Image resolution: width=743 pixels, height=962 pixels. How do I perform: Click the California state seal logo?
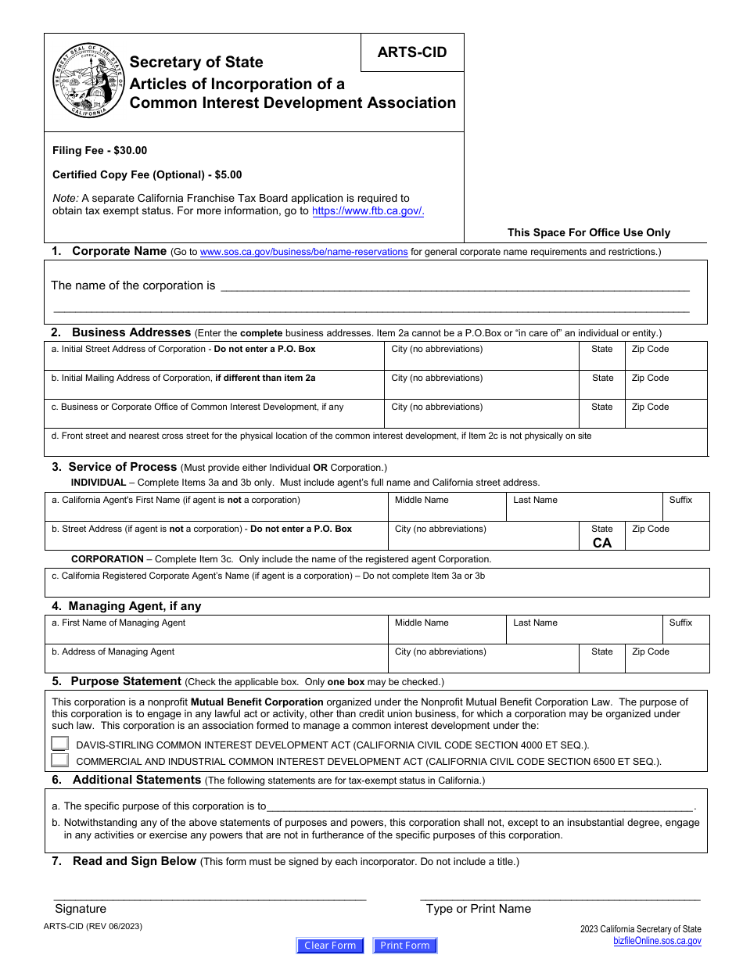coord(89,81)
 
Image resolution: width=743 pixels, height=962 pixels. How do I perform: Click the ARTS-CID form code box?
coord(411,52)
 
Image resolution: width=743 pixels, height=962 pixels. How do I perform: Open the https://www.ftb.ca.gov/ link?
coord(368,210)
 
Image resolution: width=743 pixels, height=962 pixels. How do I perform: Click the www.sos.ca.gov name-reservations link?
coord(303,252)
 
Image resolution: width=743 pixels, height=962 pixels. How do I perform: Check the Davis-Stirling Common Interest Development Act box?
coord(60,745)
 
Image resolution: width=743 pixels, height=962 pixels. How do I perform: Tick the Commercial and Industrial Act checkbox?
coord(60,760)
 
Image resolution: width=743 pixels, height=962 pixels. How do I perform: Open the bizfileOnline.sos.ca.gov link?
coord(657,941)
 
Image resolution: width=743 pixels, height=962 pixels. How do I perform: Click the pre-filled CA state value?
coord(601,543)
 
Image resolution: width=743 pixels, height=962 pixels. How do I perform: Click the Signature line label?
coord(81,909)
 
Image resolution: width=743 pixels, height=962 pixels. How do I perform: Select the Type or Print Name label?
coord(478,909)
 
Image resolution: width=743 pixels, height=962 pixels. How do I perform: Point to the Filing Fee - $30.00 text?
coord(99,150)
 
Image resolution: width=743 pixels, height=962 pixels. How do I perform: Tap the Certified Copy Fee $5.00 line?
coord(147,174)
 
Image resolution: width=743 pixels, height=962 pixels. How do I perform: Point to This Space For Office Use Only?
coord(588,232)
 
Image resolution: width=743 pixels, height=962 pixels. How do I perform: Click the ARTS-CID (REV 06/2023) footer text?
coord(93,926)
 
